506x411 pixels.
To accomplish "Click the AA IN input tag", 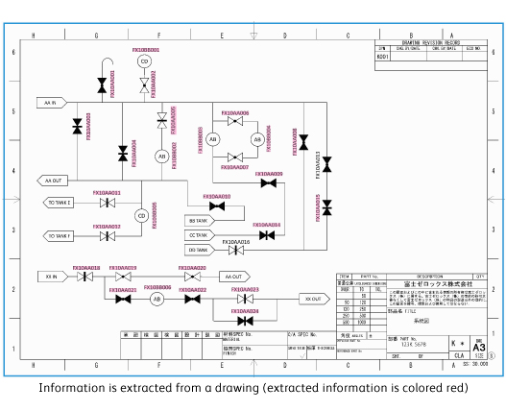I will [52, 102].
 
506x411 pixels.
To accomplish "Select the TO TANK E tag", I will [59, 204].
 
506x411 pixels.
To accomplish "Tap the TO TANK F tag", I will [59, 235].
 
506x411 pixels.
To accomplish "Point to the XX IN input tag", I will [51, 277].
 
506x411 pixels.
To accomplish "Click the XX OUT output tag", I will [312, 299].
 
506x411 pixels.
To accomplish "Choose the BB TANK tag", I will [199, 220].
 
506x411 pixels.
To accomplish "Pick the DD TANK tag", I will [199, 250].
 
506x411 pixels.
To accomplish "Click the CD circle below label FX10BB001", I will [145, 61].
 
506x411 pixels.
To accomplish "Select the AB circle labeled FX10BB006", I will [157, 299].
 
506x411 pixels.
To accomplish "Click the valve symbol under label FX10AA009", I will [269, 183].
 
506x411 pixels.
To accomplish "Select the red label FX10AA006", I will [235, 113].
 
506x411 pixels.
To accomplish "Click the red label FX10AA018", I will [86, 268].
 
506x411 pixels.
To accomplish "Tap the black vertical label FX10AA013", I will [319, 165].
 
